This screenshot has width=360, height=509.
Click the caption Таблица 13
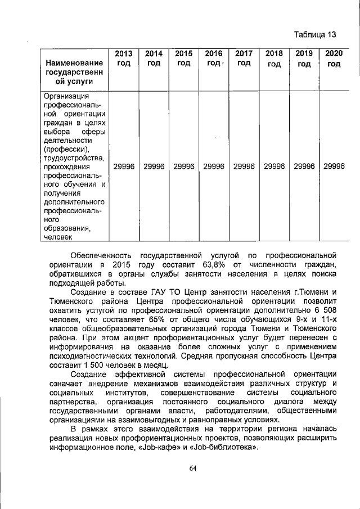315,35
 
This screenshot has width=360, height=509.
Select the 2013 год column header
123,58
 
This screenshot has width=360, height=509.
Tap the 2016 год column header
214,58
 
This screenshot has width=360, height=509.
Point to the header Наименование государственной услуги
75,71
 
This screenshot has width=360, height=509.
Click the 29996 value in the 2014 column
154,166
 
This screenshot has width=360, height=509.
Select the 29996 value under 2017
244,166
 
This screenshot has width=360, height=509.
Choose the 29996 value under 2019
304,166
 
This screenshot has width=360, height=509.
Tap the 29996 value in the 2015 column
183,166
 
